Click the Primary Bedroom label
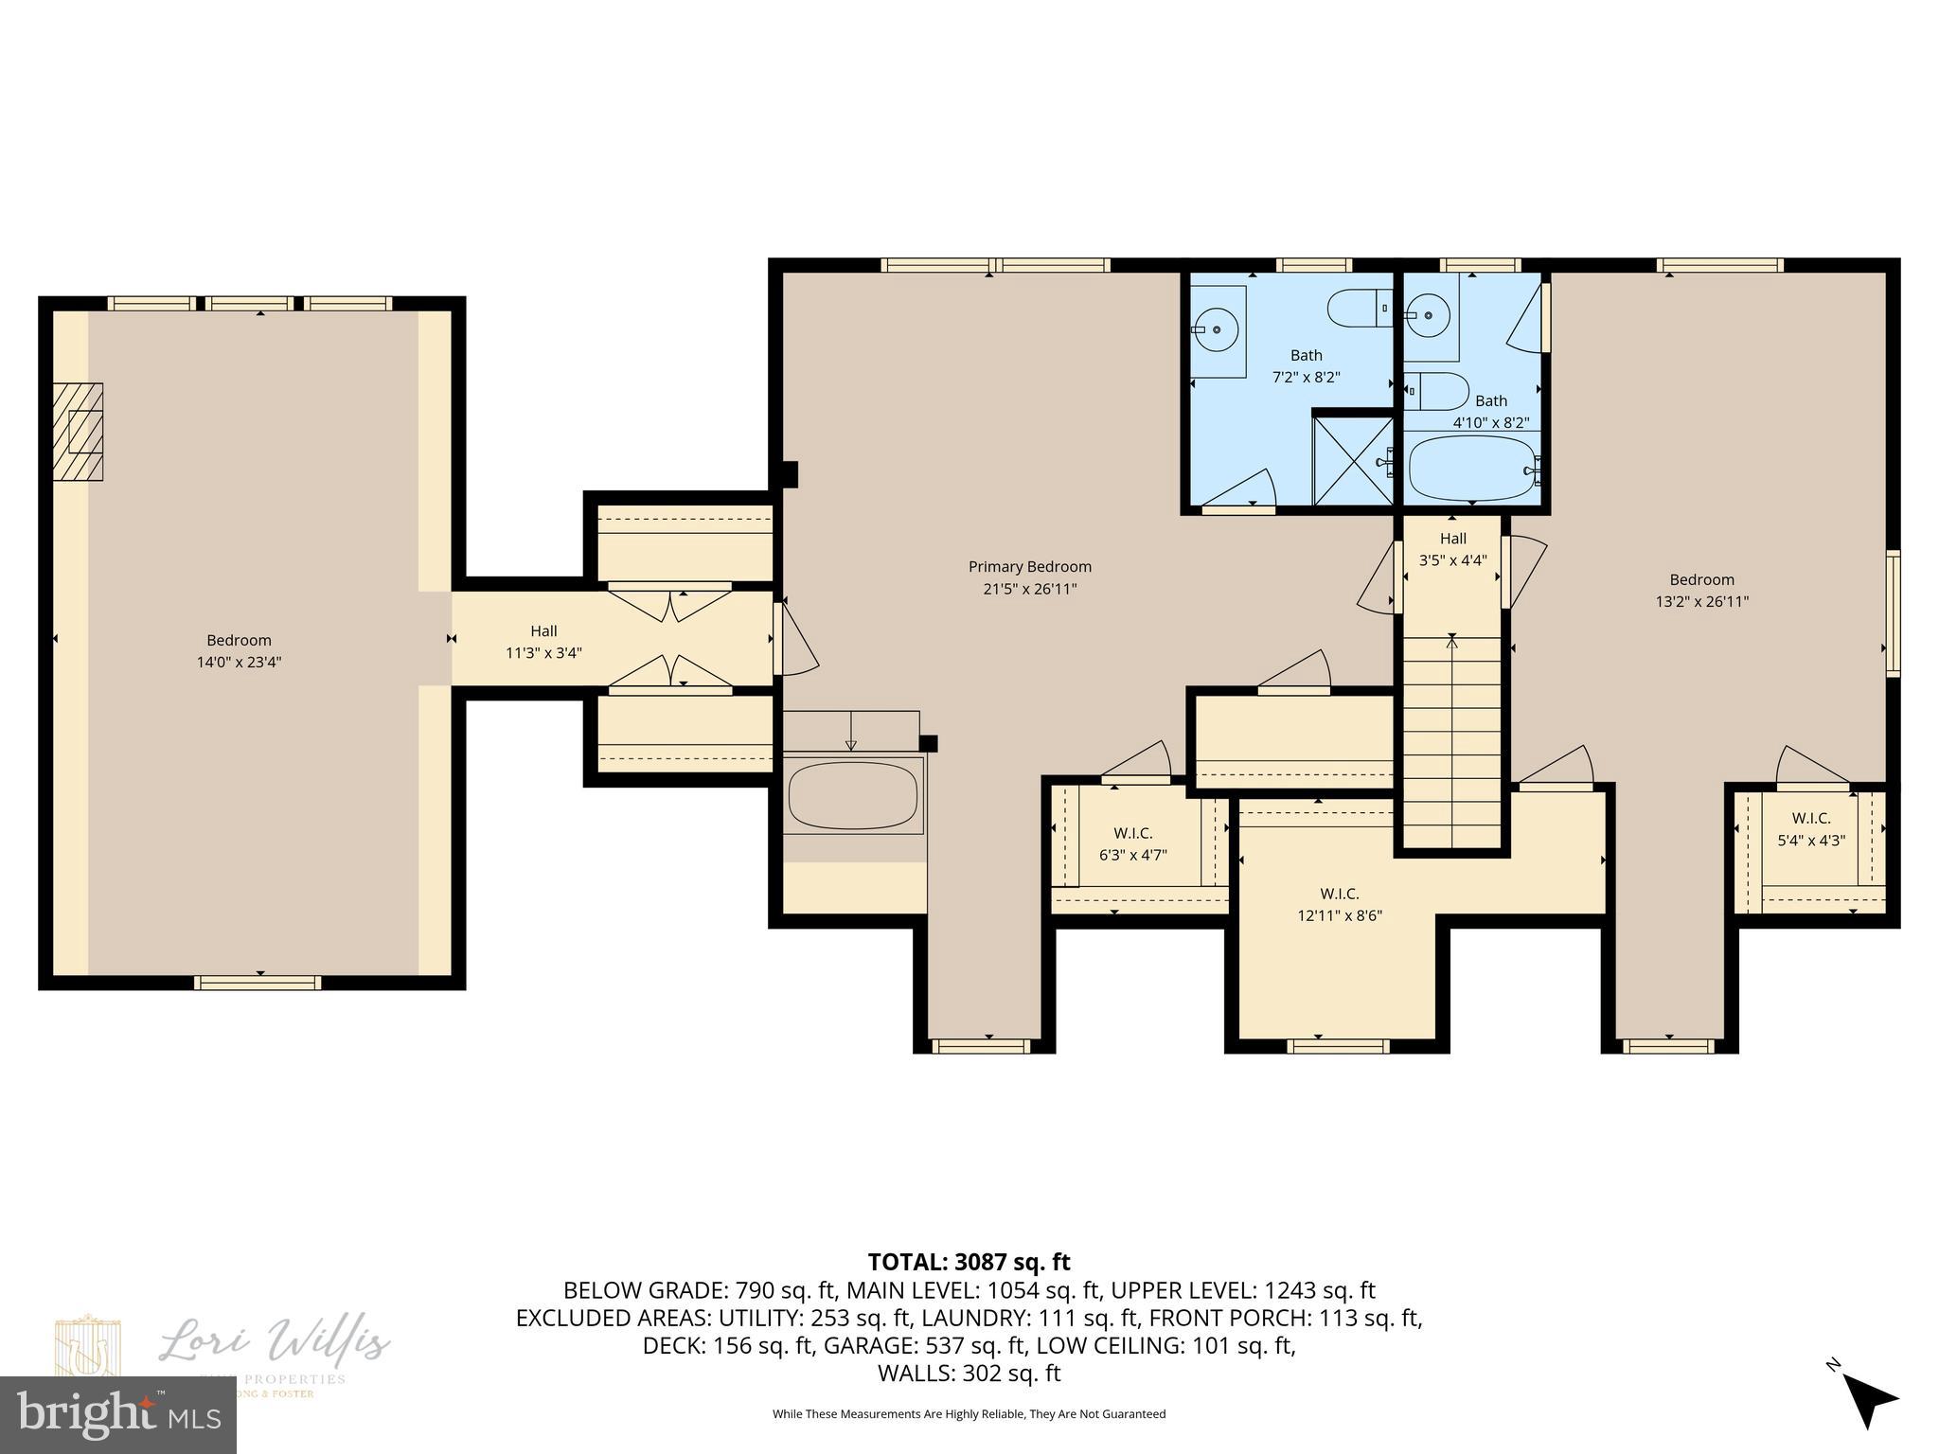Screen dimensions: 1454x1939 1029,567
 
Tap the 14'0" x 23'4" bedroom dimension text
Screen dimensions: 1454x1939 239,663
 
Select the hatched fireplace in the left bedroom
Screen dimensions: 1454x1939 78,432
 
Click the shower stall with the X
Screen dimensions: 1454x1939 1352,461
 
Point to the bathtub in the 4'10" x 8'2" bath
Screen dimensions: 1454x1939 1470,468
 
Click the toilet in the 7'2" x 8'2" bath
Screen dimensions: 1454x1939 1357,309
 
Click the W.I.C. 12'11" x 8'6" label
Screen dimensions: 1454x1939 1339,904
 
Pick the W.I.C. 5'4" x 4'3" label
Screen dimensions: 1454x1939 1810,828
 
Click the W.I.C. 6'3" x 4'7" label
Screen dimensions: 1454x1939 1132,843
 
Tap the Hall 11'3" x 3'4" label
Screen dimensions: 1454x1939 543,642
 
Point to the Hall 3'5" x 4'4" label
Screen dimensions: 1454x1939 1452,549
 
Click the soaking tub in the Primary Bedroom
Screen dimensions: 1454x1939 852,795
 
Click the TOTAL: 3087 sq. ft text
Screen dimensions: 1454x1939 969,1262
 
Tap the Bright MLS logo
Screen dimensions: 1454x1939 117,1414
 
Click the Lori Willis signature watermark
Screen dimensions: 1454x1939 275,1341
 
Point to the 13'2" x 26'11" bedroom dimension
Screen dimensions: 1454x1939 1701,601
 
